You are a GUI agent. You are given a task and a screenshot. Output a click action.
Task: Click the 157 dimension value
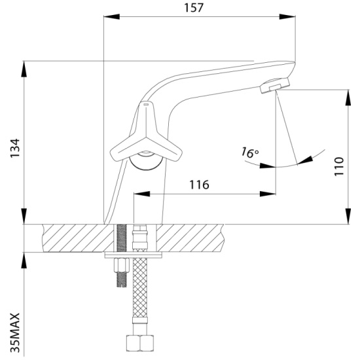coord(194,8)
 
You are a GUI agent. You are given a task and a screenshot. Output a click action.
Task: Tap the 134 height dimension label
coord(15,148)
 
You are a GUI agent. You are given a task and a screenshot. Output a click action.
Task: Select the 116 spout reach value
coord(199,185)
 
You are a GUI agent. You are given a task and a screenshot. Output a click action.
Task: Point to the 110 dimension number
coord(339,166)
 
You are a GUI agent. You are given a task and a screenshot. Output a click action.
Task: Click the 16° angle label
coord(250,153)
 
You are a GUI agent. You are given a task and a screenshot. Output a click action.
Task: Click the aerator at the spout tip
coord(275,85)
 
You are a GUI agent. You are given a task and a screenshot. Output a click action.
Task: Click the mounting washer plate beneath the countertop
coord(133,255)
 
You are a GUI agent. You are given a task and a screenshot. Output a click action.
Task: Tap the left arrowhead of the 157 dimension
coord(111,16)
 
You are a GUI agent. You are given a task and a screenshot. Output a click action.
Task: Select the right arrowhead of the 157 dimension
coord(287,16)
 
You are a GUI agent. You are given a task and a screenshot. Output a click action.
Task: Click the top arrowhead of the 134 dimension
coord(24,69)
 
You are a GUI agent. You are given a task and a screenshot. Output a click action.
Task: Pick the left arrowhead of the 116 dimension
coord(141,194)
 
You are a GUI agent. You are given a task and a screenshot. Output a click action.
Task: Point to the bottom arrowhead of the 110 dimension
coord(348,216)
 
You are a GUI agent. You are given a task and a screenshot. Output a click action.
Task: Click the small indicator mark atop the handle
coord(146,105)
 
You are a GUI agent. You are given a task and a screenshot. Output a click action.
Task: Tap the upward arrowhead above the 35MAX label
coord(24,261)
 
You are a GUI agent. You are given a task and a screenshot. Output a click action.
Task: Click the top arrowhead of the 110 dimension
coord(348,98)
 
